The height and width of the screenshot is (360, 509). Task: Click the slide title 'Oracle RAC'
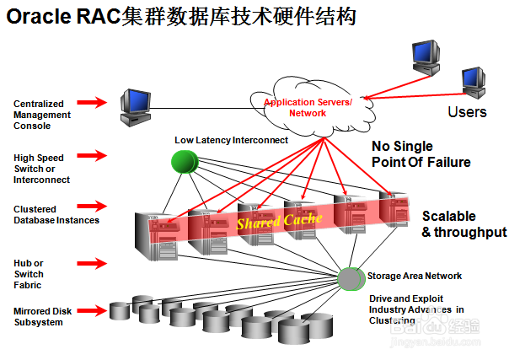coord(63,17)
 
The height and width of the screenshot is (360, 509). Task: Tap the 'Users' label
coord(466,111)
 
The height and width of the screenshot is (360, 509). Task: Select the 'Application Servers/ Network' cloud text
coord(308,106)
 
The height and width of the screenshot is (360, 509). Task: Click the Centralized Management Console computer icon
coord(135,106)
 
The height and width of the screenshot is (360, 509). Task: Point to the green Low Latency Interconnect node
coord(184,160)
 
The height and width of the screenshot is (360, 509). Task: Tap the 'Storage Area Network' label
coord(415,276)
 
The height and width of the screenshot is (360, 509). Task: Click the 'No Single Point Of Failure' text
coord(421,153)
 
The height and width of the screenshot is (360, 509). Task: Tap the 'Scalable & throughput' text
coord(463,224)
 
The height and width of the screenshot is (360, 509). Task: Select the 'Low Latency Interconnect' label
coord(231,140)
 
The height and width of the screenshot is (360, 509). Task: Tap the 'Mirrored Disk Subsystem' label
coord(43,316)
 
